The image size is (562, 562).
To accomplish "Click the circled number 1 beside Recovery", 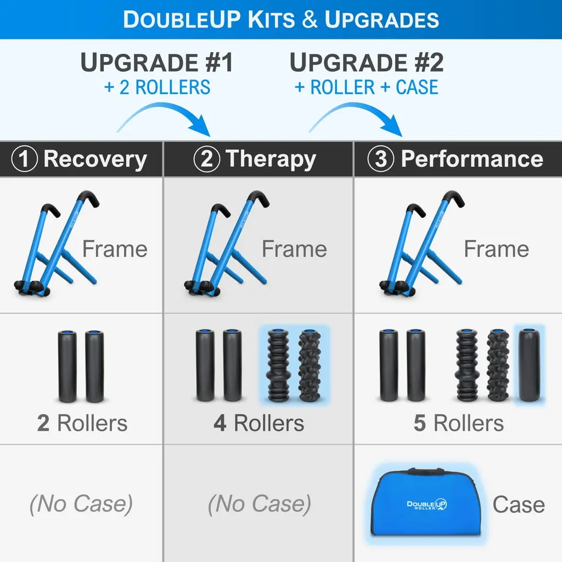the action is (24, 159).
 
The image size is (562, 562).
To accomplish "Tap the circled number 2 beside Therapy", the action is (207, 159).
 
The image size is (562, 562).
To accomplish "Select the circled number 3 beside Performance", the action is (381, 159).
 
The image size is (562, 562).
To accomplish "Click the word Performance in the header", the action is (472, 159).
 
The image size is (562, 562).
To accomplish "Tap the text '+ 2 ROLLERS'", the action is (157, 87).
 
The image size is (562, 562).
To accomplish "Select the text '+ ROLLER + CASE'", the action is (366, 87).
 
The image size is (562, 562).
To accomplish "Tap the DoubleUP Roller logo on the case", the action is (426, 505).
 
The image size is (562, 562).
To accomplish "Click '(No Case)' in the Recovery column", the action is (81, 504).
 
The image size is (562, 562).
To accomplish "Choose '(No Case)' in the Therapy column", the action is (260, 504).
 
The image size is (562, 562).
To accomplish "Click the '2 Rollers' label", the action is (82, 423).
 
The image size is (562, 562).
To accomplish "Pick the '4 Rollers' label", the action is (259, 423).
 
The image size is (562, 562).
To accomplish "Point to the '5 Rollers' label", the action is (459, 423).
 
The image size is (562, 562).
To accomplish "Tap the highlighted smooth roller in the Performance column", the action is (530, 365).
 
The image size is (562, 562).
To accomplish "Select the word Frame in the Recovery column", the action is (115, 249).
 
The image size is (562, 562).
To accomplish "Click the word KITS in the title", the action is (271, 19).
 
